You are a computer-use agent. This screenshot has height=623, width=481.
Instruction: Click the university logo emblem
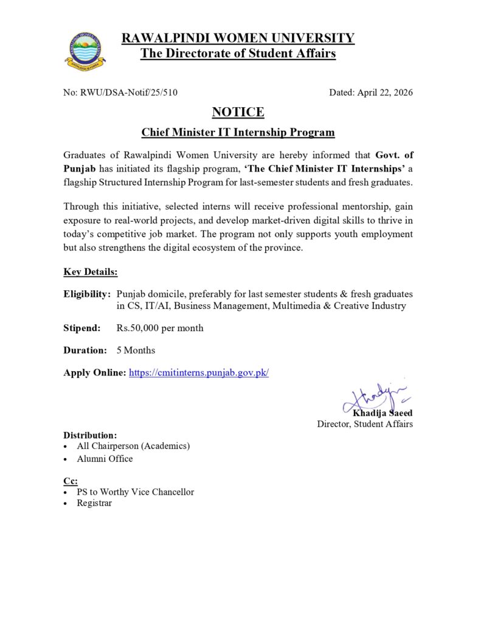[x=85, y=49]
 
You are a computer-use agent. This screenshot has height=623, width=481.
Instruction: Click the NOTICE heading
[x=238, y=112]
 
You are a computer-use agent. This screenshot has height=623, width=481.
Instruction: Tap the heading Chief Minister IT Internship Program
[x=238, y=132]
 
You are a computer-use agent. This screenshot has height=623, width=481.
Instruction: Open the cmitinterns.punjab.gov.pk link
[x=198, y=372]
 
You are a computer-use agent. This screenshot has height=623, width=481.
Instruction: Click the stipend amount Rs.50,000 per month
[x=160, y=328]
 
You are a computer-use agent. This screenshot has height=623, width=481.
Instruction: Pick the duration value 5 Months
[x=136, y=350]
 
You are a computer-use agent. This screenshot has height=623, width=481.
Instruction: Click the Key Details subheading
[x=91, y=271]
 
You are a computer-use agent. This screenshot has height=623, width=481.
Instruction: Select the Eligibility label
[x=87, y=294]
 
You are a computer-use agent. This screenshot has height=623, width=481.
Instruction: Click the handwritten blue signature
[x=373, y=397]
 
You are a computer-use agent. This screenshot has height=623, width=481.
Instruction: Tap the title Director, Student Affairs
[x=365, y=424]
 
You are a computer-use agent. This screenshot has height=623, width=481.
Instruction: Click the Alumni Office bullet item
[x=105, y=459]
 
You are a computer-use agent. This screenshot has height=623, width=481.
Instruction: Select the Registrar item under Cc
[x=94, y=503]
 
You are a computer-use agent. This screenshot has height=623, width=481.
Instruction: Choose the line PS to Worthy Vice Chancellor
[x=135, y=492]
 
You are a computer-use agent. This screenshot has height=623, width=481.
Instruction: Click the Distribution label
[x=90, y=436]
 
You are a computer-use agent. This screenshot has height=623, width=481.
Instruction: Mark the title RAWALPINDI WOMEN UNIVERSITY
[x=238, y=38]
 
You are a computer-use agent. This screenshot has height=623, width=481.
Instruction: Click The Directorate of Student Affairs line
[x=238, y=54]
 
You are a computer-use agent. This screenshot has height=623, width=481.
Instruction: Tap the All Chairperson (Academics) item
[x=133, y=446]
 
